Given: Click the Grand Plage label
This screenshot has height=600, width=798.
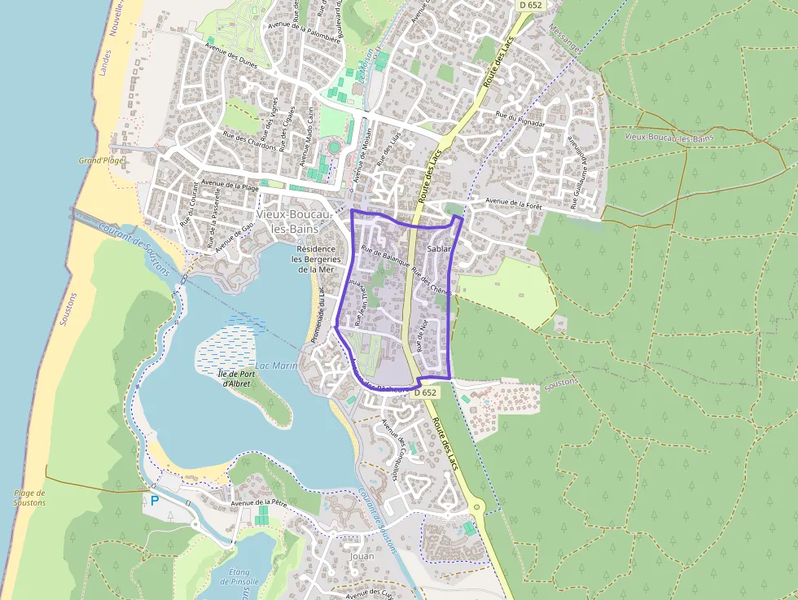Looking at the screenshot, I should coord(101,160).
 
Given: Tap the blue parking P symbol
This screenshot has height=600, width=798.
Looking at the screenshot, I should coord(154,501).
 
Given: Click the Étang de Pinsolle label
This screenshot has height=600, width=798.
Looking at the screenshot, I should coord(239,576).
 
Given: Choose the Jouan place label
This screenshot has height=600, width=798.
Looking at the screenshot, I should coord(361,556).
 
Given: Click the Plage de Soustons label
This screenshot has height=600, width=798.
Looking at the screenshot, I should coord(30,497).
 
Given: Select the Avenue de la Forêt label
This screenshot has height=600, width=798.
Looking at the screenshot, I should coord(513,203).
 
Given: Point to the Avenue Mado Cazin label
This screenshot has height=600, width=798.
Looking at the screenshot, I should coord(309,134).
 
